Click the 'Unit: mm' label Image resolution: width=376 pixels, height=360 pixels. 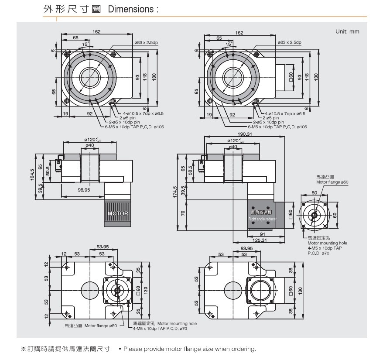point(347,32)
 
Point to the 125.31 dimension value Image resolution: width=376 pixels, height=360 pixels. point(259,240)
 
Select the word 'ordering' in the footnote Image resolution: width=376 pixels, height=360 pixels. point(243,349)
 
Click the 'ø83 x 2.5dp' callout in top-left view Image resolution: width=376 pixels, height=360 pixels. point(146,42)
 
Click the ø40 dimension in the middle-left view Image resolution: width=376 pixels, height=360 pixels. point(90,145)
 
